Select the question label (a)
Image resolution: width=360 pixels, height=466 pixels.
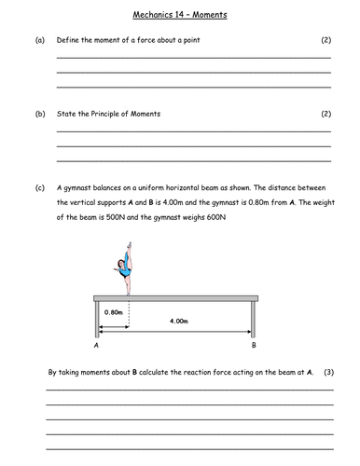(39, 41)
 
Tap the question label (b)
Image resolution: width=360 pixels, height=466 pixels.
(39, 114)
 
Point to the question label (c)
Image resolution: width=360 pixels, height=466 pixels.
(39, 187)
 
